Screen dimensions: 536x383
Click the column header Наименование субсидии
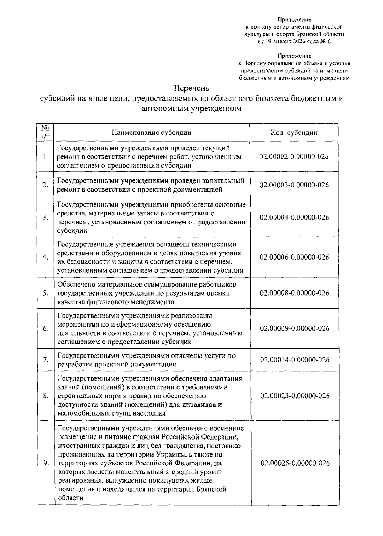[x=152, y=133]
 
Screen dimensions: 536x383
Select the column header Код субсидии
[x=294, y=133]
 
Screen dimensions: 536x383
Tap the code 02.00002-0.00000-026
[x=294, y=157]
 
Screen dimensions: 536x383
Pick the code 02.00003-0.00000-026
[x=294, y=185]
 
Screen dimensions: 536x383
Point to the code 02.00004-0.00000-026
[x=294, y=217]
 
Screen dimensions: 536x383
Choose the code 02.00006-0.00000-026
[x=294, y=257]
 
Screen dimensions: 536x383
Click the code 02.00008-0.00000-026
[x=294, y=293]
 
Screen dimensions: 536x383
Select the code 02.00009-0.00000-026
[x=294, y=328]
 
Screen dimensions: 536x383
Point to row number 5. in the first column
[x=45, y=293]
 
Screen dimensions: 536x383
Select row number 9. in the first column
[x=45, y=463]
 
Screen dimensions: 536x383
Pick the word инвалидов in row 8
[x=199, y=405]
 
